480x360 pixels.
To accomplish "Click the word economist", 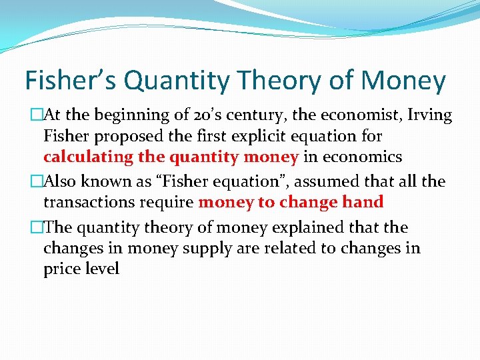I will [349, 115].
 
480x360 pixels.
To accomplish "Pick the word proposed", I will [127, 137].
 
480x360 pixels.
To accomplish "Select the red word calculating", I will [88, 157].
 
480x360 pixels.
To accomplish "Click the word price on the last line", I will [61, 269].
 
